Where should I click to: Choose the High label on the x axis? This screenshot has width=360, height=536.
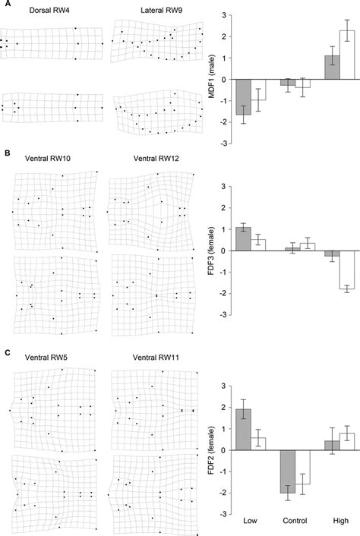click(339, 523)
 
